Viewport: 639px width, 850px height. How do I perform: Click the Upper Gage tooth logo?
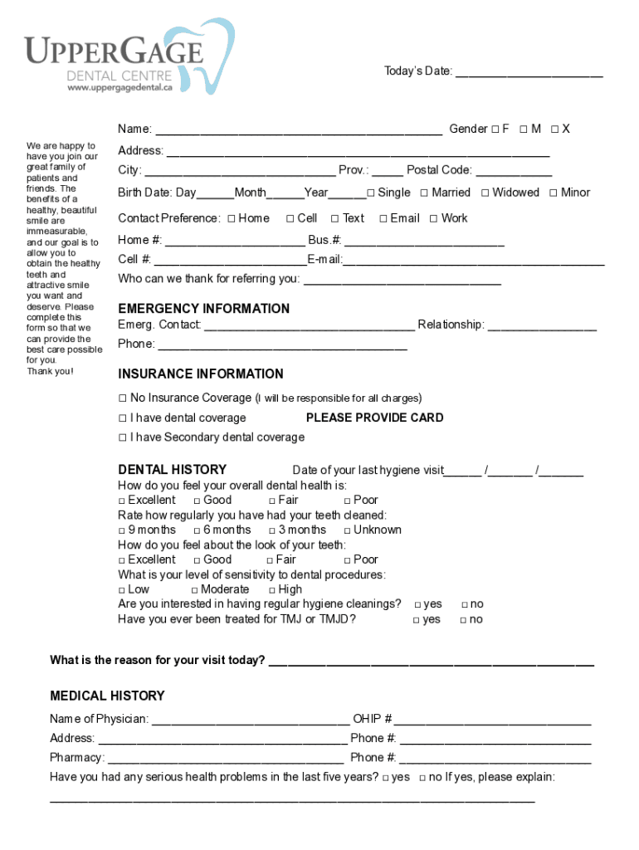(x=207, y=55)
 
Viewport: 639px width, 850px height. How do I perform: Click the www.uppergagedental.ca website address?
(x=120, y=86)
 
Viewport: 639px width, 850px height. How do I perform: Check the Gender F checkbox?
(x=494, y=129)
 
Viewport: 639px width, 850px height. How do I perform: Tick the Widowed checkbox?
(x=485, y=193)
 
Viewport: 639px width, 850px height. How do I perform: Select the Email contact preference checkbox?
(x=383, y=219)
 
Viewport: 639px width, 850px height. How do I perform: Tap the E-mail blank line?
(x=474, y=261)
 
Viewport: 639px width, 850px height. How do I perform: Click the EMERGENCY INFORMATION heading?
(x=203, y=309)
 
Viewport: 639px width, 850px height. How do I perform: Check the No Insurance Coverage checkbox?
(x=123, y=398)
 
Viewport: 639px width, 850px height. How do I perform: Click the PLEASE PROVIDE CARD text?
(x=374, y=418)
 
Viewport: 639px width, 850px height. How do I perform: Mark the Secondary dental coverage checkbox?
(x=123, y=437)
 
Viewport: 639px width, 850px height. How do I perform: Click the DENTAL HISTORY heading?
(x=172, y=470)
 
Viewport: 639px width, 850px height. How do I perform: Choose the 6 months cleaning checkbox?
(x=197, y=530)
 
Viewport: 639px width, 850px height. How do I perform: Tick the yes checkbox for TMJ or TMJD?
(x=417, y=620)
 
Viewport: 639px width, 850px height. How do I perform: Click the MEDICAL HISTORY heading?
(x=107, y=696)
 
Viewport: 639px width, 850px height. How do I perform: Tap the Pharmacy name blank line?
(x=226, y=759)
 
